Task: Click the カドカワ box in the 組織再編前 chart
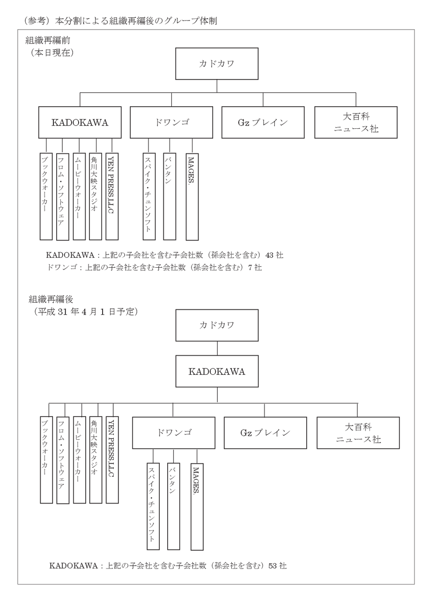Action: point(216,64)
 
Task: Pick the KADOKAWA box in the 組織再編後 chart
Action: point(217,372)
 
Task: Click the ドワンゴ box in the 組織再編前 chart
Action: point(171,123)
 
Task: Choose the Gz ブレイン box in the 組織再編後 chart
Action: point(265,432)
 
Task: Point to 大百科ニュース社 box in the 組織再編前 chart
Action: point(356,123)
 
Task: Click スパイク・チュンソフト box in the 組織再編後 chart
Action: point(153,506)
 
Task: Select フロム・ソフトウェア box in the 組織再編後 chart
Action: point(63,460)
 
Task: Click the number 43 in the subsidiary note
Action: point(270,256)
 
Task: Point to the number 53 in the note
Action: point(273,565)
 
